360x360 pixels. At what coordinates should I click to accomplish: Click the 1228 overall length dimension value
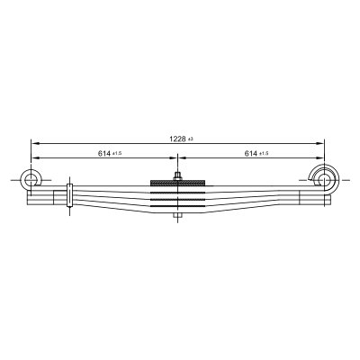177,139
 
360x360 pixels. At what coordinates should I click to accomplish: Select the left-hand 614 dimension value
104,153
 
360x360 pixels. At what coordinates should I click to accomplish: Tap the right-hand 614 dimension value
251,153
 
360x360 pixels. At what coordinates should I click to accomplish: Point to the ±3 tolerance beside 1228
190,139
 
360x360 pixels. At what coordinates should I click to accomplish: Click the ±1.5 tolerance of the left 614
117,154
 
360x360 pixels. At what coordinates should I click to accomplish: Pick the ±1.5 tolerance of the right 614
264,154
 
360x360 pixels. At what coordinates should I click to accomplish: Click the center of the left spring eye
30,180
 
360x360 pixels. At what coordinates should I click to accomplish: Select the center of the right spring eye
324,180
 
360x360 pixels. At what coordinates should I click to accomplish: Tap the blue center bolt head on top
177,175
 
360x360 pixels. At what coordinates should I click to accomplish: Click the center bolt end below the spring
177,216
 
